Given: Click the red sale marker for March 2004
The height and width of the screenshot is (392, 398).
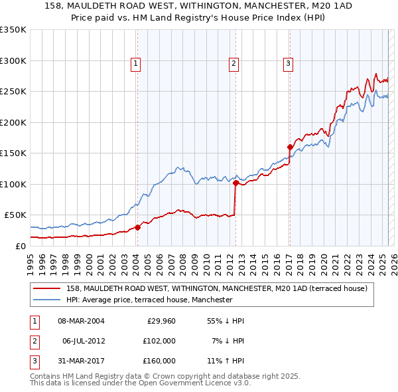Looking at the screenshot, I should [x=137, y=227].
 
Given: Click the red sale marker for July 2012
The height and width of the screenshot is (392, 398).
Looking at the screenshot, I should [x=235, y=183].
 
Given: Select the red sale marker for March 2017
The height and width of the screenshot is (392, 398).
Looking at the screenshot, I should [x=290, y=147].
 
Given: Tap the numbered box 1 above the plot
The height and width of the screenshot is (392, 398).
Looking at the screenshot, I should [x=135, y=64].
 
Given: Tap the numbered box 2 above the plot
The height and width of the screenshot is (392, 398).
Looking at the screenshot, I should [x=234, y=64].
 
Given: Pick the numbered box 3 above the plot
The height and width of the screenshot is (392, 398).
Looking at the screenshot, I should [x=289, y=64].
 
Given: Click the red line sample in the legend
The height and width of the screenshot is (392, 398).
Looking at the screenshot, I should [x=46, y=288].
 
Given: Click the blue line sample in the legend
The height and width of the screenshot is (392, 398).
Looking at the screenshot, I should [x=46, y=300].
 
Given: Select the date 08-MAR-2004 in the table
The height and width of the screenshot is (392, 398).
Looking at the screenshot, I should [x=81, y=321].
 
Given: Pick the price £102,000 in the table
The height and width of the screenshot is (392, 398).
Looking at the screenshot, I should [x=159, y=341].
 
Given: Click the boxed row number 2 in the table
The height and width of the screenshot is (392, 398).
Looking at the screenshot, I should [x=33, y=341].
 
